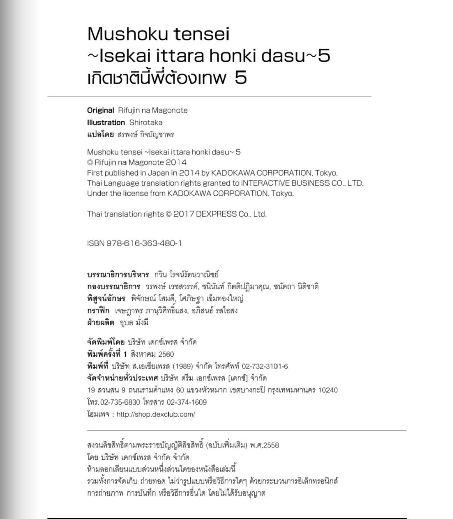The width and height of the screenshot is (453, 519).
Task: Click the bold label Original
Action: click(100, 110)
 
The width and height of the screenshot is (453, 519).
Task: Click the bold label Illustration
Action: click(106, 123)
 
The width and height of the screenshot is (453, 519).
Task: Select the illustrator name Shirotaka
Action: click(146, 123)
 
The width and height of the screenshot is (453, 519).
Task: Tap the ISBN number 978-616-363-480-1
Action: click(144, 243)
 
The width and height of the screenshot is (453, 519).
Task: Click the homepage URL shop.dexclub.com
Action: click(156, 414)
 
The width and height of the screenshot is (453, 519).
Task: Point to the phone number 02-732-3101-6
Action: click(265, 366)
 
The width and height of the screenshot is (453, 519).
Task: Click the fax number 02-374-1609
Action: click(187, 402)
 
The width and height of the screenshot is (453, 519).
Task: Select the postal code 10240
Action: click(328, 390)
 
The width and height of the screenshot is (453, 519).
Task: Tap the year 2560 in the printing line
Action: click(166, 354)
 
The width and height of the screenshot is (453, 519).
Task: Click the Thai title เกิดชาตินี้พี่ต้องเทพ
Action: click(157, 78)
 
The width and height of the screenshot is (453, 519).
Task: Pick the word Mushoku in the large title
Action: click(127, 34)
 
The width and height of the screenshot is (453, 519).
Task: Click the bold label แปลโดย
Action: click(100, 135)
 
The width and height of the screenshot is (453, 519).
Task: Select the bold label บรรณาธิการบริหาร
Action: click(118, 275)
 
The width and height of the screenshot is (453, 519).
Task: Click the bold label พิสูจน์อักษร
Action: click(106, 298)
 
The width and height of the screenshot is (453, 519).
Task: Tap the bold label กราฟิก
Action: click(98, 311)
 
